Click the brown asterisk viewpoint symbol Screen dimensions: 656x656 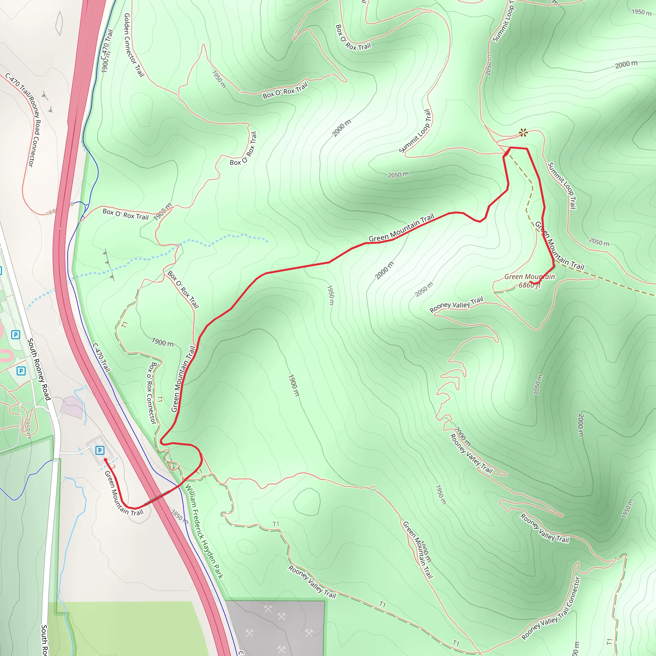click(x=523, y=132)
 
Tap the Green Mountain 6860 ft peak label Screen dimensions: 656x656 click(x=529, y=281)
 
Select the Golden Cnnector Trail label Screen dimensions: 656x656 click(x=134, y=45)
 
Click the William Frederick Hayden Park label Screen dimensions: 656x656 click(x=204, y=531)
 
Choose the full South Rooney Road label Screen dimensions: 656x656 click(x=39, y=369)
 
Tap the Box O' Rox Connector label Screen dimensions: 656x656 click(x=152, y=393)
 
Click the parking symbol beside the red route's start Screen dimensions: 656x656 click(x=100, y=450)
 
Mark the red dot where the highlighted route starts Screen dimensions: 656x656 click(x=105, y=460)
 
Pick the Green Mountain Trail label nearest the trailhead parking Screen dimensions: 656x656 click(x=124, y=493)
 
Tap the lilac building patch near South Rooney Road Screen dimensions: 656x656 click(x=72, y=407)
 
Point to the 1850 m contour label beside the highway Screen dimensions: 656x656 click(x=179, y=516)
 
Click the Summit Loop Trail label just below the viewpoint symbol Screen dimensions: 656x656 click(x=562, y=185)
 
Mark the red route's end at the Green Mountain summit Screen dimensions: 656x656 click(x=530, y=283)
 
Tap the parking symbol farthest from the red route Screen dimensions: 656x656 click(x=16, y=335)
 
